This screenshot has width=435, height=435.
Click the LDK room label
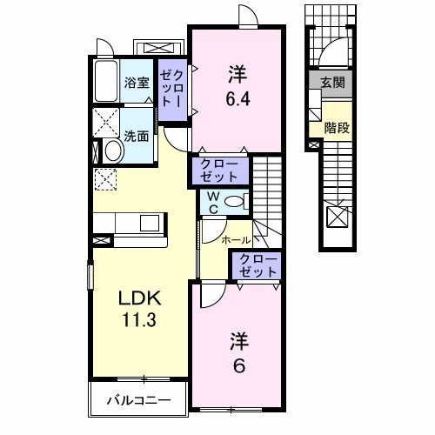click(x=139, y=298)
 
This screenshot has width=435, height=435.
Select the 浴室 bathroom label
click(x=137, y=84)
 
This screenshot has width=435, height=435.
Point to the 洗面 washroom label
click(x=136, y=137)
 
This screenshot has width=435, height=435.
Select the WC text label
click(x=211, y=203)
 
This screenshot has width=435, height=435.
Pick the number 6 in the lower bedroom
click(x=238, y=365)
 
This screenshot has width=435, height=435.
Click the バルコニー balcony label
click(x=138, y=401)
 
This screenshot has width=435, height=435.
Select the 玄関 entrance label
click(x=331, y=83)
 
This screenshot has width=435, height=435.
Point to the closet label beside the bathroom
click(x=170, y=88)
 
